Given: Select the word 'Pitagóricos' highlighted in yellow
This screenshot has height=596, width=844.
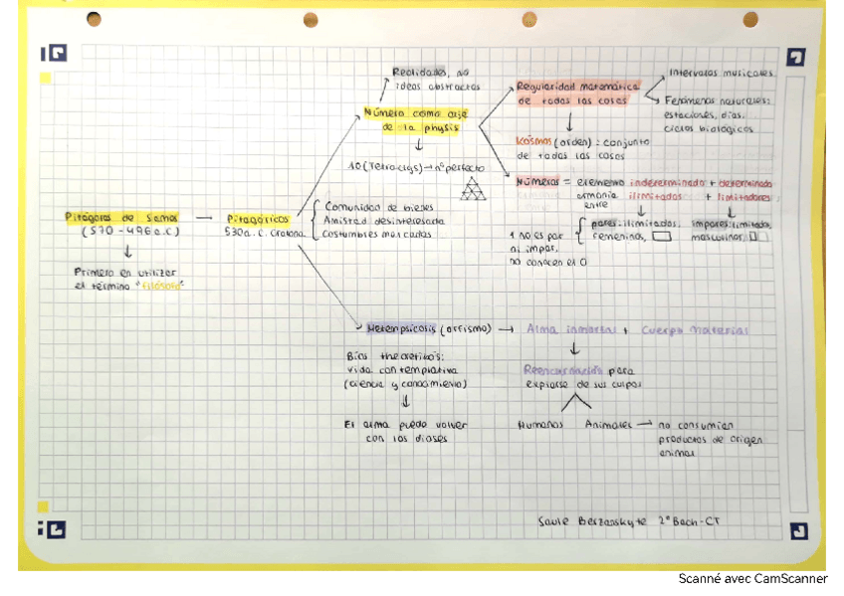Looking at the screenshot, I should point(258,218).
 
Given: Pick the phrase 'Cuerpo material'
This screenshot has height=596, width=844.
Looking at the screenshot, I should point(695,330).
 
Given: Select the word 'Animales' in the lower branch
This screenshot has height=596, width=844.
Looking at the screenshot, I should point(608,423).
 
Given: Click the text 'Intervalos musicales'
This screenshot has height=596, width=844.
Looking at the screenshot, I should point(721,74).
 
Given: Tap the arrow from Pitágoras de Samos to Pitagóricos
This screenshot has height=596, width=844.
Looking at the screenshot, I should point(204,218).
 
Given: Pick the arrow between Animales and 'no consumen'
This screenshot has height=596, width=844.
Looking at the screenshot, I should point(644,423).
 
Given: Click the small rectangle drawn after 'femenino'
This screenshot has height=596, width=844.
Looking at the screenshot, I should point(663,239).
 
